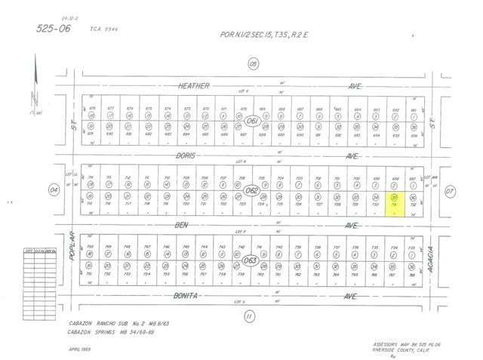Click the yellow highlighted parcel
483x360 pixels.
tap(394, 205)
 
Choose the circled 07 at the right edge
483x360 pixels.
tap(451, 190)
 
